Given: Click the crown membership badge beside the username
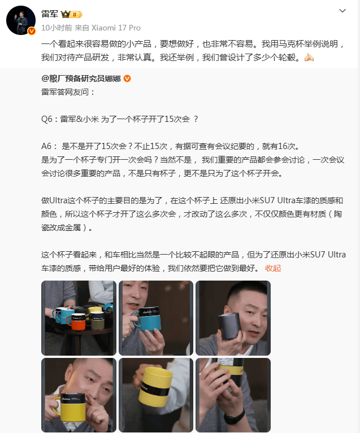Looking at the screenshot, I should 71,14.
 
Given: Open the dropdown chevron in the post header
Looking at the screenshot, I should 342,11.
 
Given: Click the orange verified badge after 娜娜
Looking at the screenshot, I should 127,78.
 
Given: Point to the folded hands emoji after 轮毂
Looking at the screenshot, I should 309,57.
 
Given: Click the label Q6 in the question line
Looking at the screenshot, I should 47,119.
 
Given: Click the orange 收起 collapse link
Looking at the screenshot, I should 273,268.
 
